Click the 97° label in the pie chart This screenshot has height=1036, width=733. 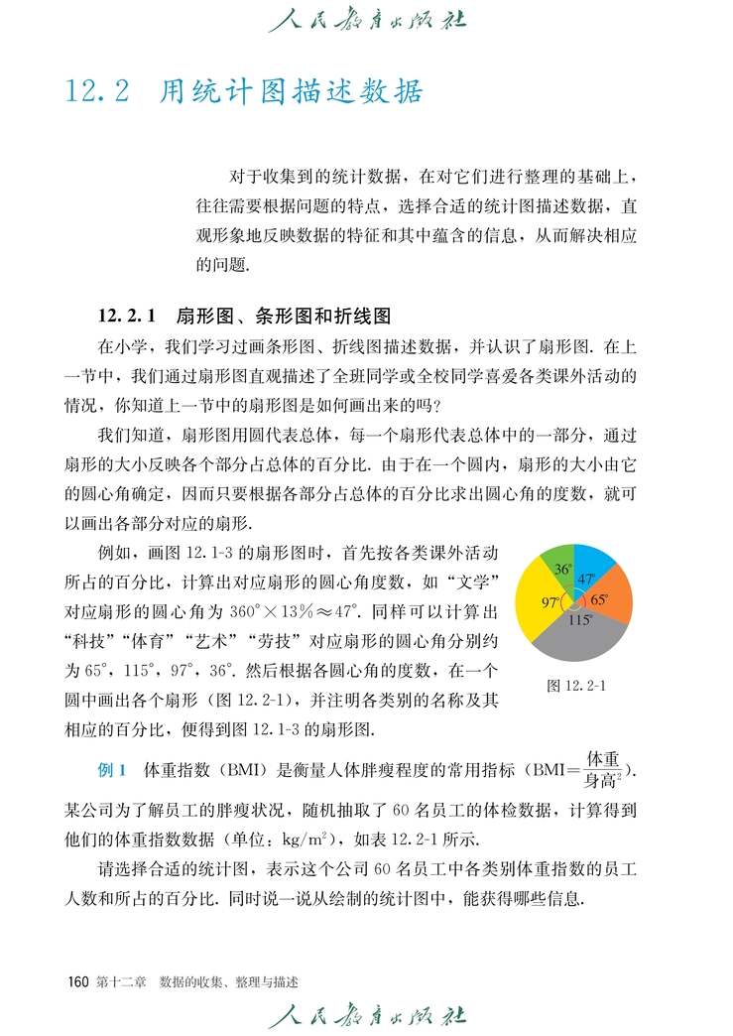(x=550, y=602)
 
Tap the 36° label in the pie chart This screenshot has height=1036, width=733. (x=562, y=570)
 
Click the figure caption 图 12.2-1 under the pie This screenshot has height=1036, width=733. (x=575, y=685)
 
